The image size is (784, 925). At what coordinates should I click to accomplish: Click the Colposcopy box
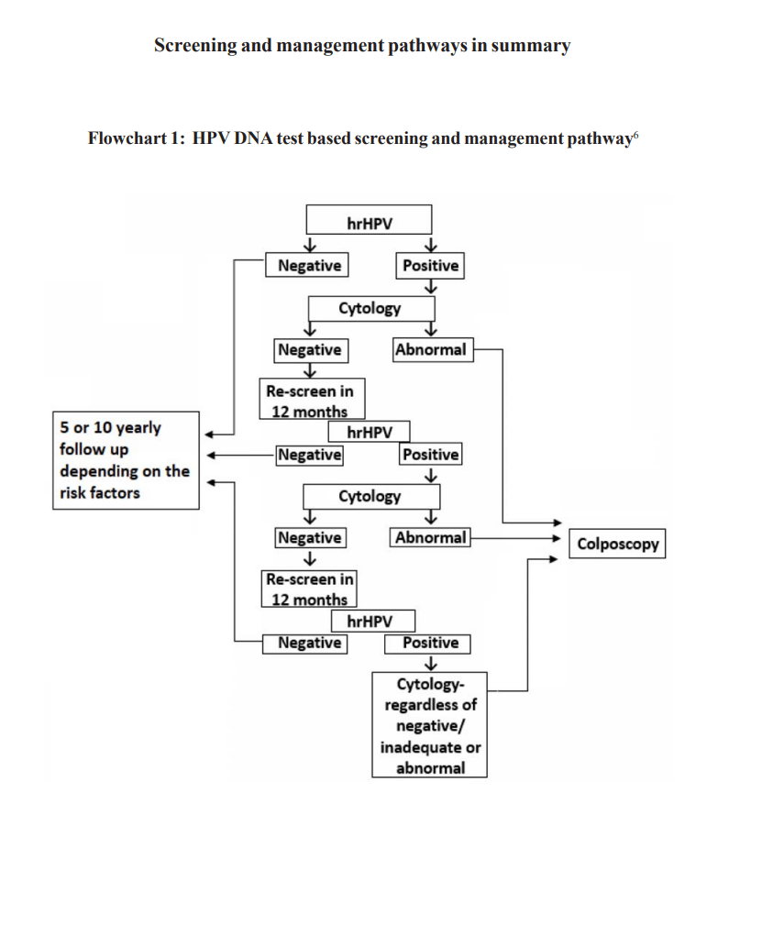pyautogui.click(x=616, y=544)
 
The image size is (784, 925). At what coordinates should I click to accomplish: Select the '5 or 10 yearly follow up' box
pyautogui.click(x=125, y=460)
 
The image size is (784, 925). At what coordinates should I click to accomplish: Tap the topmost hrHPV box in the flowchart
pyautogui.click(x=368, y=221)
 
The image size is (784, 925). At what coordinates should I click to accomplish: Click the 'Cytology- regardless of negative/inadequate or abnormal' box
pyautogui.click(x=429, y=725)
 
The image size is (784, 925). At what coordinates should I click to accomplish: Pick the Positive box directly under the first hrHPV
pyautogui.click(x=430, y=266)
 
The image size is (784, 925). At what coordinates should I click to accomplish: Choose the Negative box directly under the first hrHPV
pyautogui.click(x=309, y=266)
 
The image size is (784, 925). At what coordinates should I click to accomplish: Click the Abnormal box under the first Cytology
pyautogui.click(x=433, y=349)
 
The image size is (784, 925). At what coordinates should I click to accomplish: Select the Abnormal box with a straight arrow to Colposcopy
pyautogui.click(x=430, y=538)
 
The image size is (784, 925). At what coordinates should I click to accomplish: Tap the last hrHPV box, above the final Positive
pyautogui.click(x=372, y=622)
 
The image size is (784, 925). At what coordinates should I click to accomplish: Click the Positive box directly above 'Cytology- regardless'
pyautogui.click(x=430, y=643)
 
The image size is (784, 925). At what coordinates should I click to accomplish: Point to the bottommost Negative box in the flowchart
pyautogui.click(x=309, y=643)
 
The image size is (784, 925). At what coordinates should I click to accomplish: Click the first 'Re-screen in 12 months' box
pyautogui.click(x=310, y=401)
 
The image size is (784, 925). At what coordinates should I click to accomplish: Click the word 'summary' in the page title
pyautogui.click(x=530, y=45)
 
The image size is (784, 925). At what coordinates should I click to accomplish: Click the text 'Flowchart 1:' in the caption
pyautogui.click(x=136, y=138)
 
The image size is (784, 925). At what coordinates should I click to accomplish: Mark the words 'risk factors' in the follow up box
pyautogui.click(x=100, y=493)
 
